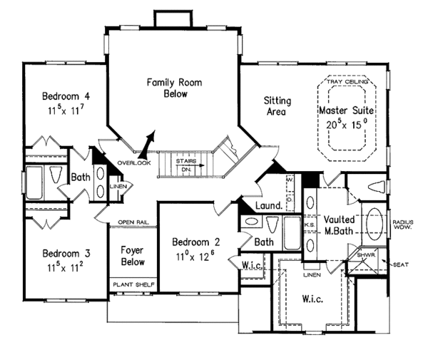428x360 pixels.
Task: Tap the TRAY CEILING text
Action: pyautogui.click(x=347, y=83)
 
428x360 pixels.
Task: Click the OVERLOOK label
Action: pyautogui.click(x=134, y=163)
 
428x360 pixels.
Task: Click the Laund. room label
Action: pyautogui.click(x=268, y=207)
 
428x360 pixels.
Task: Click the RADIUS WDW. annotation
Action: pyautogui.click(x=403, y=226)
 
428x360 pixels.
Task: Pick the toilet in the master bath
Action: pyautogui.click(x=373, y=187)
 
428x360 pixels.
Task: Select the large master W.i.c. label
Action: pyautogui.click(x=311, y=299)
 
